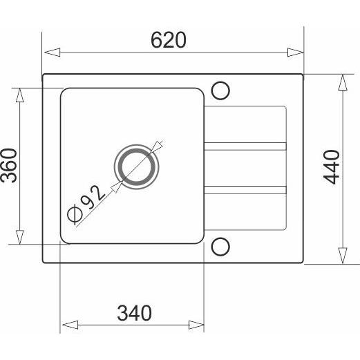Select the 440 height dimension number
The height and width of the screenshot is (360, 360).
click(x=333, y=167)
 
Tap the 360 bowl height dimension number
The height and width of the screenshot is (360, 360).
click(x=9, y=166)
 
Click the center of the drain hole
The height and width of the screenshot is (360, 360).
click(x=136, y=167)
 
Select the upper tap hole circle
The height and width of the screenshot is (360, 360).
click(x=221, y=91)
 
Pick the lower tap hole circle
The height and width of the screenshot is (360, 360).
click(x=221, y=246)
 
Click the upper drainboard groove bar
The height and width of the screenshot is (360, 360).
click(x=245, y=146)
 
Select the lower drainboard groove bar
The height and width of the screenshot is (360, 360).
click(x=245, y=188)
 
